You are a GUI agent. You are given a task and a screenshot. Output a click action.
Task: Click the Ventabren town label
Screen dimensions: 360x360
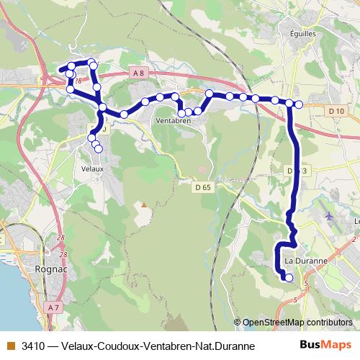170,121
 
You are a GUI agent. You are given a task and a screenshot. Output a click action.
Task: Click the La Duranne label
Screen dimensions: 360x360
307,261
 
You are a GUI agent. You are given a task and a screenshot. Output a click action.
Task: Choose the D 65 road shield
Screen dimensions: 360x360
202,187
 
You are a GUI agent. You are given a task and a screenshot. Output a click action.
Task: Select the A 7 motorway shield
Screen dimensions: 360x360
53,307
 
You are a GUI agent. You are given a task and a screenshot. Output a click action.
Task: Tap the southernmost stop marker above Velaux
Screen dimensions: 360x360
99,149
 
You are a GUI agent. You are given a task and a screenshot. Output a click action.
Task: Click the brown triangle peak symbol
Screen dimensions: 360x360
144,204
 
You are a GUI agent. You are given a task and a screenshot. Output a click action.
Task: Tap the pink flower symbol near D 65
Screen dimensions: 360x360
202,169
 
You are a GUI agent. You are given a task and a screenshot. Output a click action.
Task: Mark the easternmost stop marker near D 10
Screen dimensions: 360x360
299,104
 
